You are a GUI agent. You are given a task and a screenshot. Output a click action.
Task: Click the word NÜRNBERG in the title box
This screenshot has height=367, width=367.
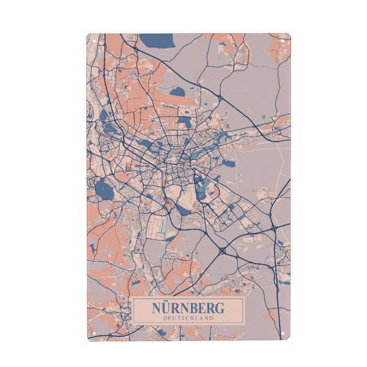click(188, 308)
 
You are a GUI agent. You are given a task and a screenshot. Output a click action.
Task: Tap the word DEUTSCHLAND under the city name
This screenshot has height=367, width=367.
click(188, 318)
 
